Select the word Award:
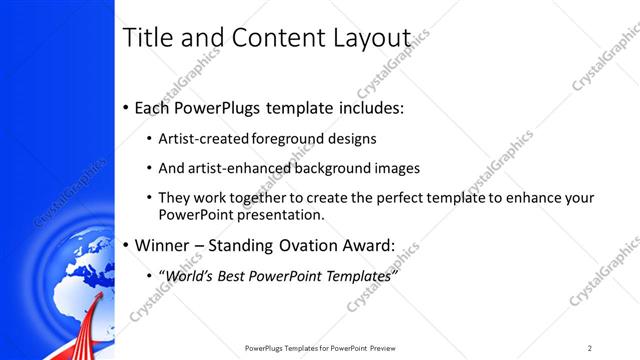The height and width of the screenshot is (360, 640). click(364, 244)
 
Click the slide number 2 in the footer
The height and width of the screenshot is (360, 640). click(590, 348)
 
